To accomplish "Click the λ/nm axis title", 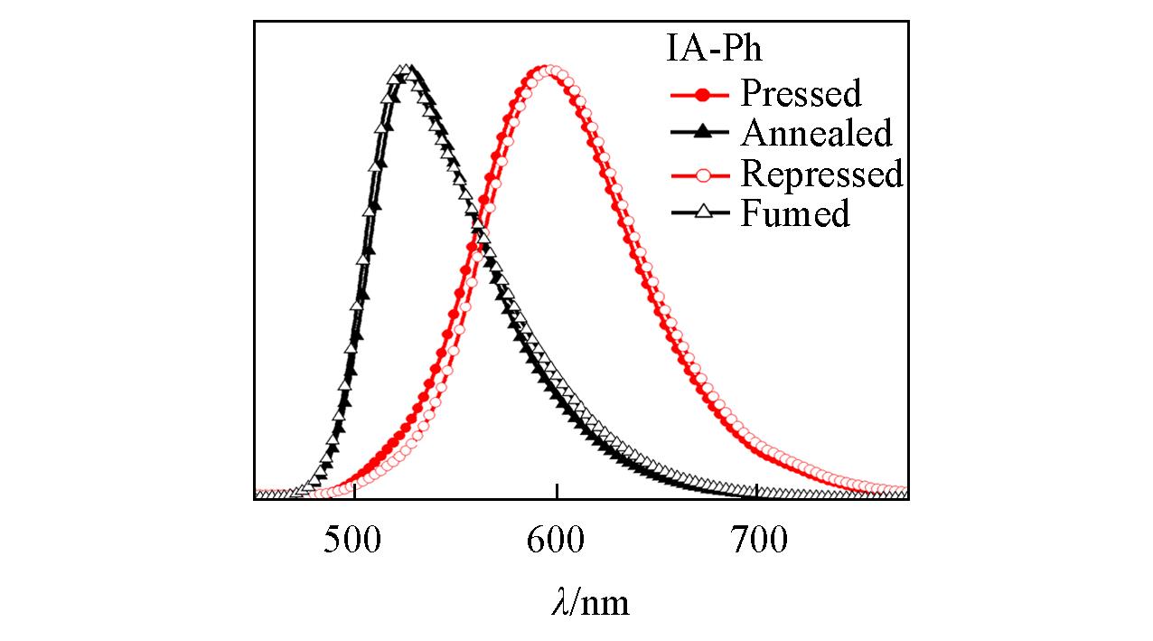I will pos(589,601).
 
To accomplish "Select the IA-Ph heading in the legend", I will pos(714,49).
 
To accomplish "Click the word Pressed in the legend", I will pos(801,92).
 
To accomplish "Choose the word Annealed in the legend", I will pos(816,133).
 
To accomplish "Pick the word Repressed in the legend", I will pos(821,173).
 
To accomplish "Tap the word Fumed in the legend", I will pos(795,214).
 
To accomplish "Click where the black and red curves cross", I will pos(480,231).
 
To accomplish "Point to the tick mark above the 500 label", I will pos(355,493).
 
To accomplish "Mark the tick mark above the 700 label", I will pos(757,493).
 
